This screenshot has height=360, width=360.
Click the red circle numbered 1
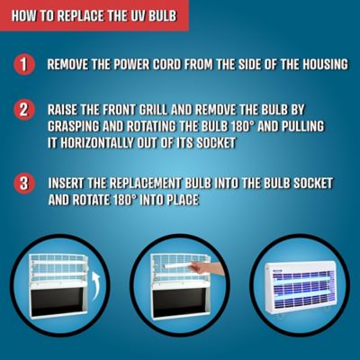click(24, 65)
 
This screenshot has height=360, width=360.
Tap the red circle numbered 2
click(24, 110)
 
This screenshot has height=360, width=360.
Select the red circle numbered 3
click(24, 184)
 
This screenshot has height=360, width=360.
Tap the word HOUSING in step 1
click(325, 65)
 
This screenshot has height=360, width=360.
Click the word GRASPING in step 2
click(74, 127)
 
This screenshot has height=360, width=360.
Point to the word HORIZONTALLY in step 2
click(97, 143)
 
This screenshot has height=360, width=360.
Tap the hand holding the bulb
click(208, 268)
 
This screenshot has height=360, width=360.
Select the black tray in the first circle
click(58, 302)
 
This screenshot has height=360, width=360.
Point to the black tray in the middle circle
click(178, 302)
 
